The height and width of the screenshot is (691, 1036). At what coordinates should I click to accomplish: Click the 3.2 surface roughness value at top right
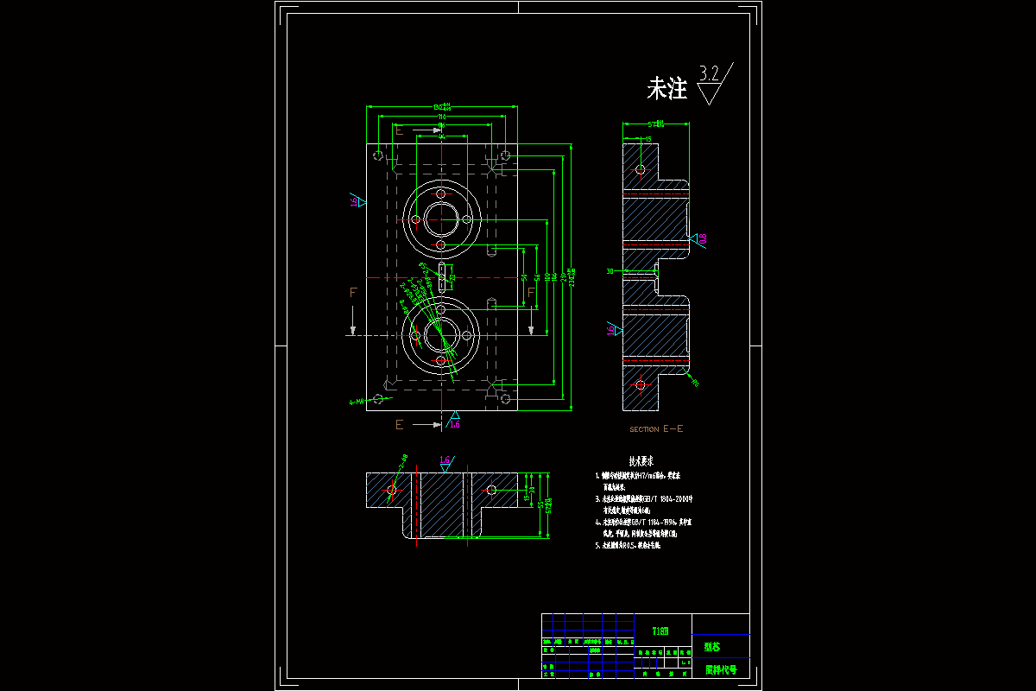[x=710, y=73]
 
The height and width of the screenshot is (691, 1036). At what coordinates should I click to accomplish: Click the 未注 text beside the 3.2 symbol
[x=666, y=88]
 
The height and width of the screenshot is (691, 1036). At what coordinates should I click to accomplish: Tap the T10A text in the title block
[x=660, y=631]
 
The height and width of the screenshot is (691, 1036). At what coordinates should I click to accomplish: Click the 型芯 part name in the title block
[x=712, y=646]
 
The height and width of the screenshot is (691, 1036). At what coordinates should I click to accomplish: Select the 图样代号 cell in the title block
[x=721, y=669]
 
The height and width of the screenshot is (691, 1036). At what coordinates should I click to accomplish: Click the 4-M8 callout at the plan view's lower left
[x=357, y=402]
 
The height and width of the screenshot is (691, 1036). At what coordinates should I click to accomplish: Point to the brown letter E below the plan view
[x=399, y=424]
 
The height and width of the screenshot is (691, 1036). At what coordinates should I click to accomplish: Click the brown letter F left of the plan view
[x=352, y=293]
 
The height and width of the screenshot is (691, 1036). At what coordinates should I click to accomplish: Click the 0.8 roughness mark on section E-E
[x=702, y=238]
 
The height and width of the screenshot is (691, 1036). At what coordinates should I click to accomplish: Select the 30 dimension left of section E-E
[x=610, y=271]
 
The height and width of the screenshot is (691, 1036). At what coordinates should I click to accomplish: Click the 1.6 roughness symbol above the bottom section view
[x=445, y=460]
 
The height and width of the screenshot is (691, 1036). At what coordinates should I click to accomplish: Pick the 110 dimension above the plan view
[x=442, y=117]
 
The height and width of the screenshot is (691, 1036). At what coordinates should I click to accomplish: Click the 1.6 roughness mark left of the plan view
[x=354, y=201]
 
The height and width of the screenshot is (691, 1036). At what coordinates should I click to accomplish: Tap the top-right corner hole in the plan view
[x=505, y=155]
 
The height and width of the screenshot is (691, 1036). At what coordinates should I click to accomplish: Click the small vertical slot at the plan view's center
[x=442, y=276]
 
